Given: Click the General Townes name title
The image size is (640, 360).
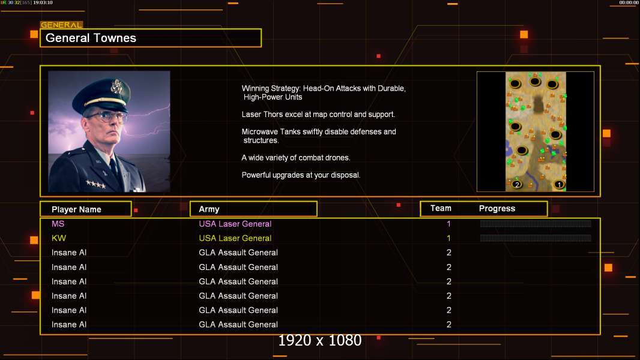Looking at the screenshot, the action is tap(91, 38).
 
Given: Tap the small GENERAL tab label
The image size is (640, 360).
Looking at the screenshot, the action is tap(61, 25).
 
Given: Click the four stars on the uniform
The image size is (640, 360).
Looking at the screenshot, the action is tap(96, 185).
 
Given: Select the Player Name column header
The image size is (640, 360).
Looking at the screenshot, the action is tap(76, 209).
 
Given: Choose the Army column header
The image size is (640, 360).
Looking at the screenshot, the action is tap(209, 209).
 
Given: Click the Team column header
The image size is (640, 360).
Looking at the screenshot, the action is tap(441, 208).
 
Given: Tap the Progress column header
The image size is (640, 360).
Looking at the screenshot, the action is tap(497, 208).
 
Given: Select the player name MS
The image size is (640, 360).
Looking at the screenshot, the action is tap(58, 224).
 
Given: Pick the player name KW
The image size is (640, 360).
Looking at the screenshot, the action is tap(59, 238).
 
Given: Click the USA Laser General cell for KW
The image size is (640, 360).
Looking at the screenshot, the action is tap(235, 238).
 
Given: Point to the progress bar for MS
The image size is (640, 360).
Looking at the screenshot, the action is tap(536, 223).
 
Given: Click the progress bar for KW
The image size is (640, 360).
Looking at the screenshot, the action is tap(536, 238).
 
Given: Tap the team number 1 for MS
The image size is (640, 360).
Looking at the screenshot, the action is tap(448, 224).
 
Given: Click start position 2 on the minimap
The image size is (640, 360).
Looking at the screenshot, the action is tap(517, 184).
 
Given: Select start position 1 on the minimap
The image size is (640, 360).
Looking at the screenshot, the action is tap(559, 184).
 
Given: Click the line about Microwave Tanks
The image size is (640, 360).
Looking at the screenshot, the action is tap(319, 136).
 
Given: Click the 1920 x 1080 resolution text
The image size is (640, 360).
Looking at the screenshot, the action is tap(320, 340).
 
